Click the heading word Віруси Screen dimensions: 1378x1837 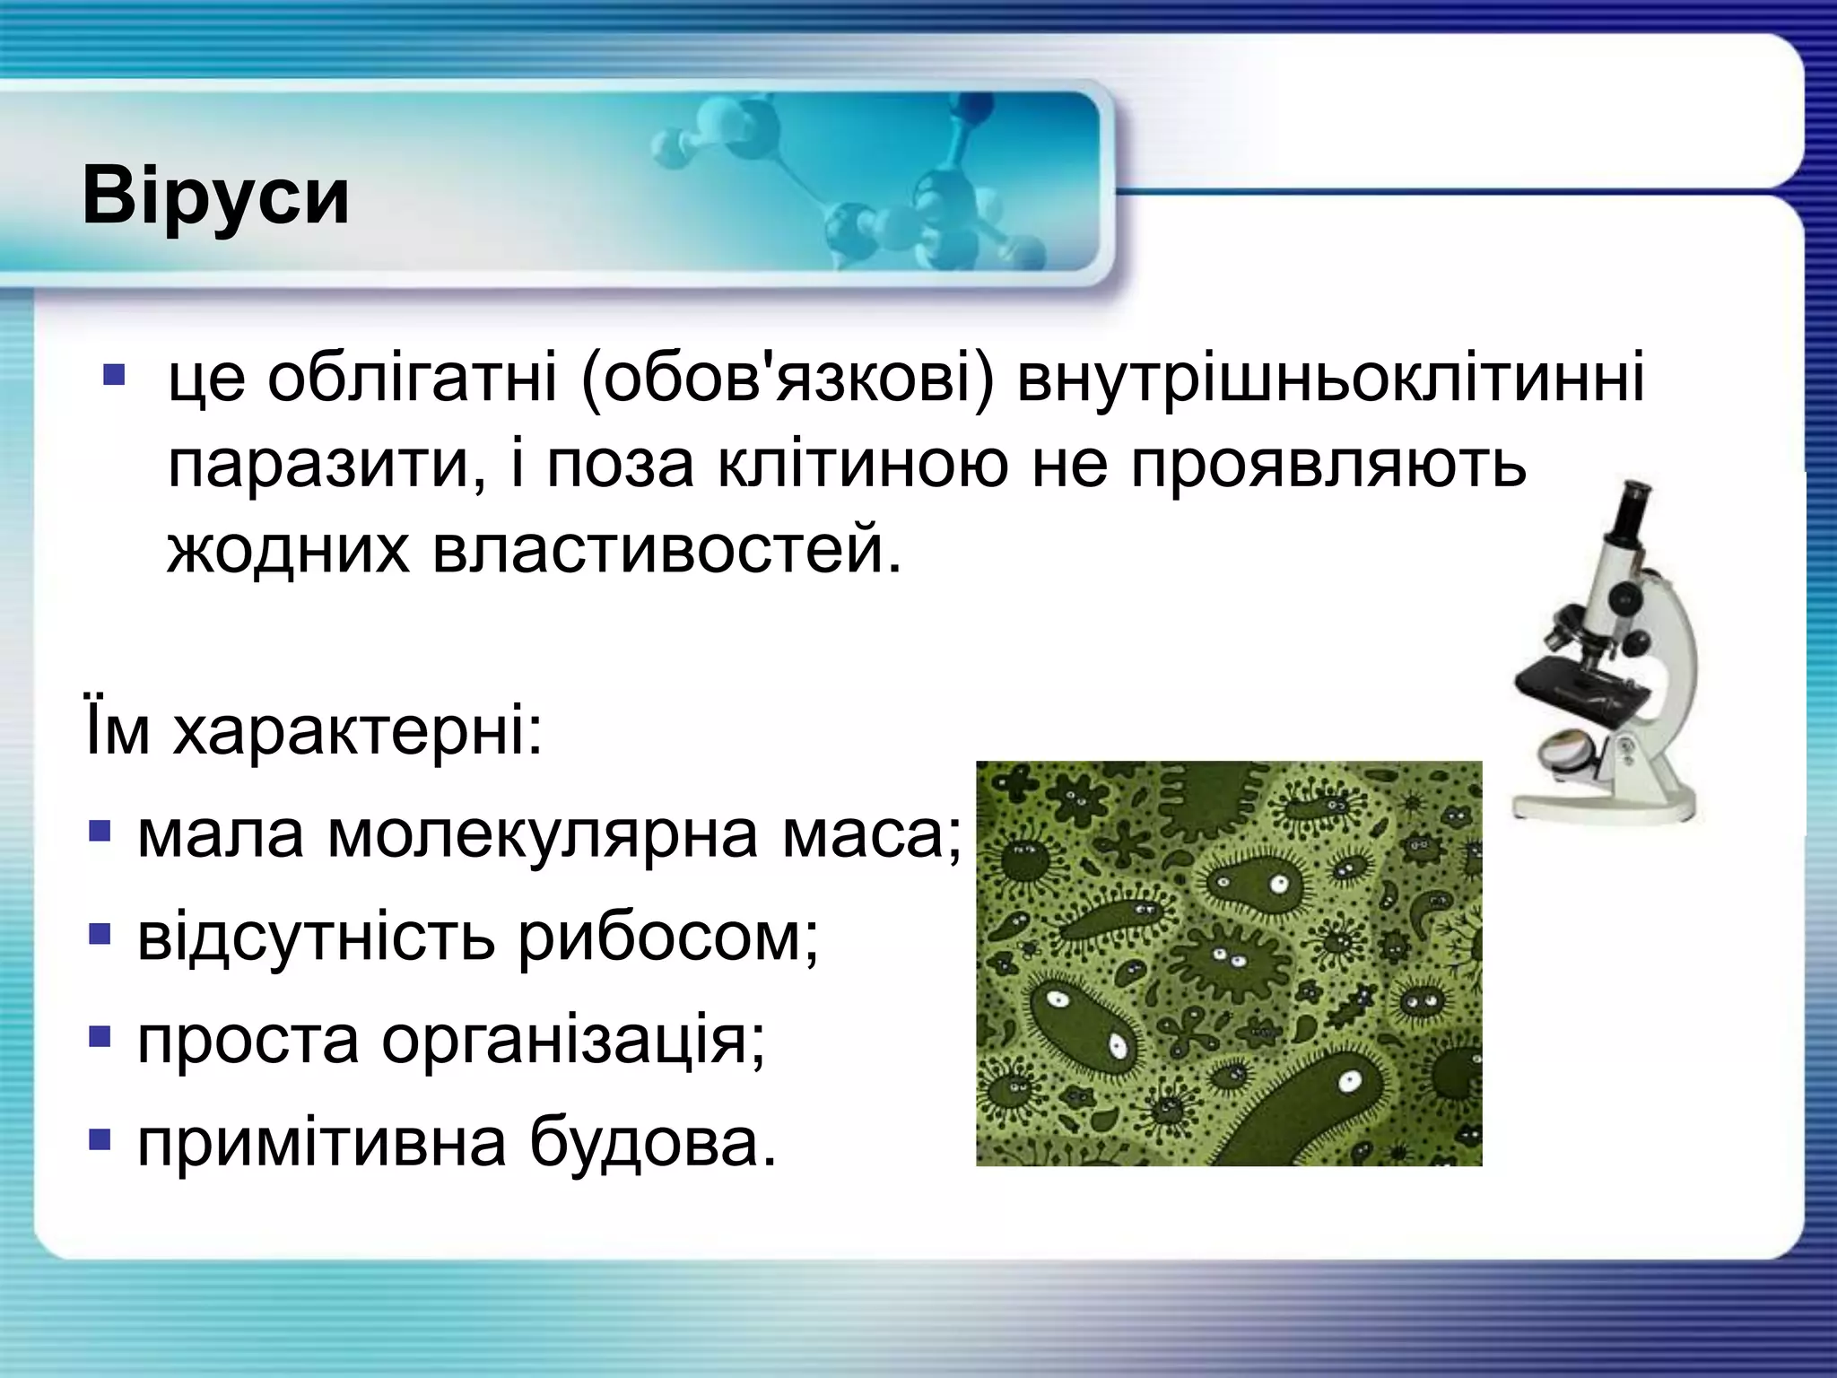[215, 196]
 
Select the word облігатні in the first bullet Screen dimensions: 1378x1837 [413, 378]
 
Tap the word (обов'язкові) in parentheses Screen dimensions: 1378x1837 [788, 378]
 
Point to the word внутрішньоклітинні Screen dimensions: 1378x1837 [1331, 378]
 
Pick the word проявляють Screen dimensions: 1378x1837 [1328, 467]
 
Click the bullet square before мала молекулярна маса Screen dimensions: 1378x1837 [100, 833]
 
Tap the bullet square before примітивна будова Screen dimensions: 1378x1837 [100, 1140]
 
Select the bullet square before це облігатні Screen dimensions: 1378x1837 [114, 374]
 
